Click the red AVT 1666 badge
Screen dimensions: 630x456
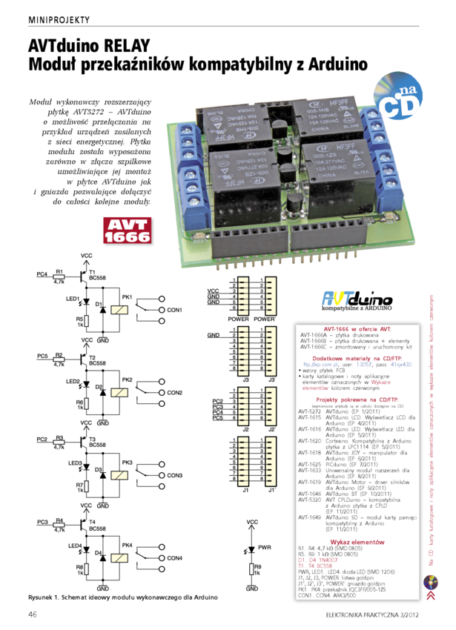point(127,231)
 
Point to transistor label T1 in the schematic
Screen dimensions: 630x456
point(92,272)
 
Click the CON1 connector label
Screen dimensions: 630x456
point(174,309)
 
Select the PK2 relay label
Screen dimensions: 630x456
point(127,379)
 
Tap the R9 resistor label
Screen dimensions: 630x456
point(257,566)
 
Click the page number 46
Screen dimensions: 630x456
point(33,614)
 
